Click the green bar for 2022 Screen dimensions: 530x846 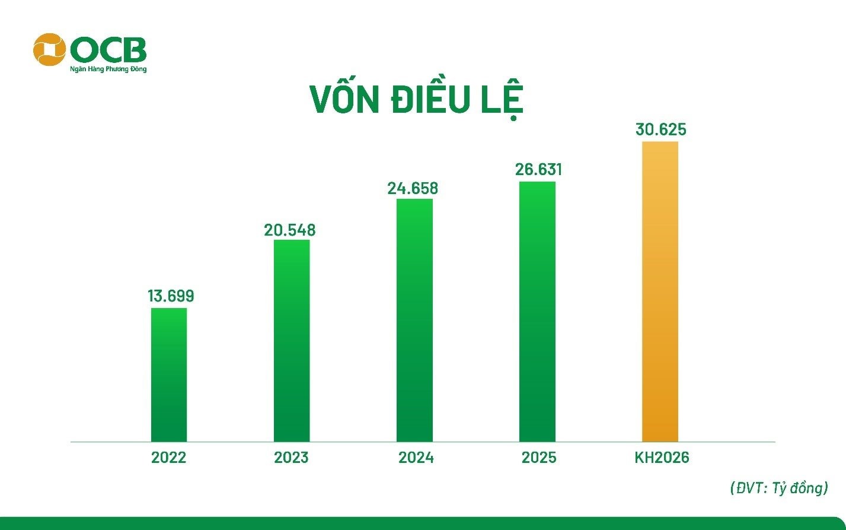[x=169, y=375]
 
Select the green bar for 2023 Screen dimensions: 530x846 [x=292, y=341]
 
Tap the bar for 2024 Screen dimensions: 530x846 [x=414, y=320]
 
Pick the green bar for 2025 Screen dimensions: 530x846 [x=537, y=312]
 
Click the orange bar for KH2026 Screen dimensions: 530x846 [x=660, y=291]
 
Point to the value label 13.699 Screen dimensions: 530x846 [x=171, y=296]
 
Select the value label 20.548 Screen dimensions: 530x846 [x=290, y=230]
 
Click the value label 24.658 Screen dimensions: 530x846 [x=413, y=188]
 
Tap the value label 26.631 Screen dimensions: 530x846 [x=538, y=169]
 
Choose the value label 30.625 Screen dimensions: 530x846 [x=660, y=129]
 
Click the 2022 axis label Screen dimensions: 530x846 [x=168, y=458]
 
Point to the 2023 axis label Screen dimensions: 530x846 [x=291, y=458]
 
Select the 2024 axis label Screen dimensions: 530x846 [x=416, y=458]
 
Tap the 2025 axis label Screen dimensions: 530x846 [x=539, y=458]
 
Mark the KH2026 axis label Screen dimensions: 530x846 [x=662, y=458]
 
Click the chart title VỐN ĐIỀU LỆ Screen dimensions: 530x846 [x=416, y=100]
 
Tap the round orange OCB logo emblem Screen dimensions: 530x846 [x=50, y=49]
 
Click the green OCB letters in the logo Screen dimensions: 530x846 [x=108, y=50]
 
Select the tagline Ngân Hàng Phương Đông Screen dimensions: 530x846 [x=108, y=69]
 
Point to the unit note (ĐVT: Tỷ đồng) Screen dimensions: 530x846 [x=779, y=488]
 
